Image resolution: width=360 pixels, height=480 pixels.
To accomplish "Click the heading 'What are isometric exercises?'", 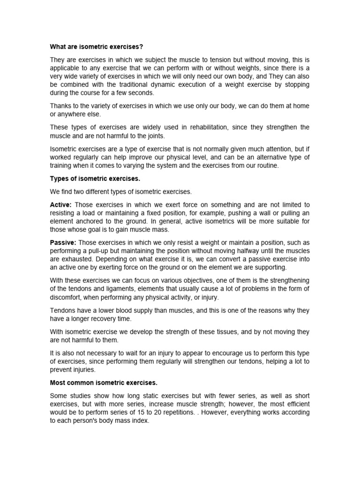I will (96, 47).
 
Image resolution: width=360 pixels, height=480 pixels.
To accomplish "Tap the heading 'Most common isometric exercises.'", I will (104, 383).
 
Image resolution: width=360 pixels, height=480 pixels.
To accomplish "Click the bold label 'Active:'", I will (61, 205).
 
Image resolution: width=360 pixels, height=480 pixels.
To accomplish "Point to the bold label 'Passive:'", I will (63, 242).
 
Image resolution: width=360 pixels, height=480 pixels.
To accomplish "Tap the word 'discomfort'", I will (66, 297).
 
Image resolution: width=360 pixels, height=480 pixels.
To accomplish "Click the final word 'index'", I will (141, 421).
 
